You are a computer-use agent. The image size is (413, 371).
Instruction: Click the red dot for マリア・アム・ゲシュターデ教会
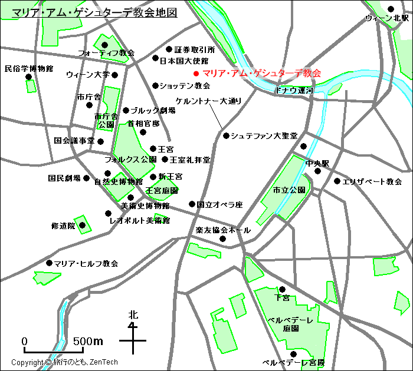pyautogui.click(x=196, y=74)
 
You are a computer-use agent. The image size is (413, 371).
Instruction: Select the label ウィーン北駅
pyautogui.click(x=386, y=19)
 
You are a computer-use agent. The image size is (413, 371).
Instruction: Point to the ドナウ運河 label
pyautogui.click(x=294, y=91)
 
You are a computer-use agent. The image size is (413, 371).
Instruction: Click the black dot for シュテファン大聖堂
pyautogui.click(x=226, y=135)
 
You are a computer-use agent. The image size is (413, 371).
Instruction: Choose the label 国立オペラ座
pyautogui.click(x=219, y=205)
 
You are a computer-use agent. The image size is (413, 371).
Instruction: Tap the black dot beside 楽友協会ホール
pyautogui.click(x=223, y=238)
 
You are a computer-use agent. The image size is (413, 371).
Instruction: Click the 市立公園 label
pyautogui.click(x=289, y=190)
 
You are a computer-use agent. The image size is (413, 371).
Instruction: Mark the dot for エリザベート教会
pyautogui.click(x=337, y=181)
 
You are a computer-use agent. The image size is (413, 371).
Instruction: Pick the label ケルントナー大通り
pyautogui.click(x=208, y=101)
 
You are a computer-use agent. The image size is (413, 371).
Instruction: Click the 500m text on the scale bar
pyautogui.click(x=88, y=342)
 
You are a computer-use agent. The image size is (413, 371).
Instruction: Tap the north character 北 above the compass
pyautogui.click(x=133, y=316)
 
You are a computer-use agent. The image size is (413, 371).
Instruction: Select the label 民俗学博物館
pyautogui.click(x=28, y=69)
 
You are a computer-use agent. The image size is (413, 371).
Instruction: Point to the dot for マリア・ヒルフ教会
pyautogui.click(x=49, y=263)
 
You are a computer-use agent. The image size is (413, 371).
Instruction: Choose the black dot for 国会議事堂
pyautogui.click(x=101, y=141)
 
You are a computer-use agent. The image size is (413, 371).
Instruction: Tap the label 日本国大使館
pyautogui.click(x=184, y=61)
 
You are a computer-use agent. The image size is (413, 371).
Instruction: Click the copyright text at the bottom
pyautogui.click(x=64, y=362)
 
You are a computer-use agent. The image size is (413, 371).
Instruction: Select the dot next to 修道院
pyautogui.click(x=83, y=225)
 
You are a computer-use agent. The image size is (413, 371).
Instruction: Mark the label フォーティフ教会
pyautogui.click(x=106, y=53)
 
